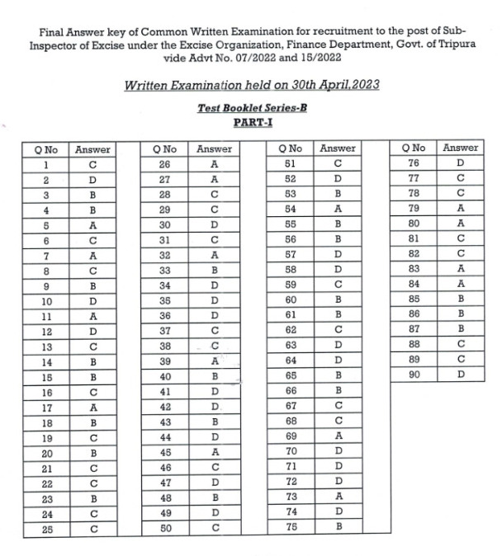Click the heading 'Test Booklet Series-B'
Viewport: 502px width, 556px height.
point(248,108)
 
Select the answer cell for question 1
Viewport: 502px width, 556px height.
point(92,163)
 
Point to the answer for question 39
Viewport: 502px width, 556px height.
point(214,360)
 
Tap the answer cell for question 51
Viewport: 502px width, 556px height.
point(337,163)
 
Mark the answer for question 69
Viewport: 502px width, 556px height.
point(337,436)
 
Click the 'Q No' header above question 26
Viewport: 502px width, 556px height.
point(165,148)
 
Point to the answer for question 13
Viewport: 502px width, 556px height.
point(92,346)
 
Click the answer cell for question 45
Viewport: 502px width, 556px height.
point(214,451)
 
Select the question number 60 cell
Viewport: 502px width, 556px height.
point(290,299)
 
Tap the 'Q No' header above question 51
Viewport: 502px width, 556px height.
point(290,148)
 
